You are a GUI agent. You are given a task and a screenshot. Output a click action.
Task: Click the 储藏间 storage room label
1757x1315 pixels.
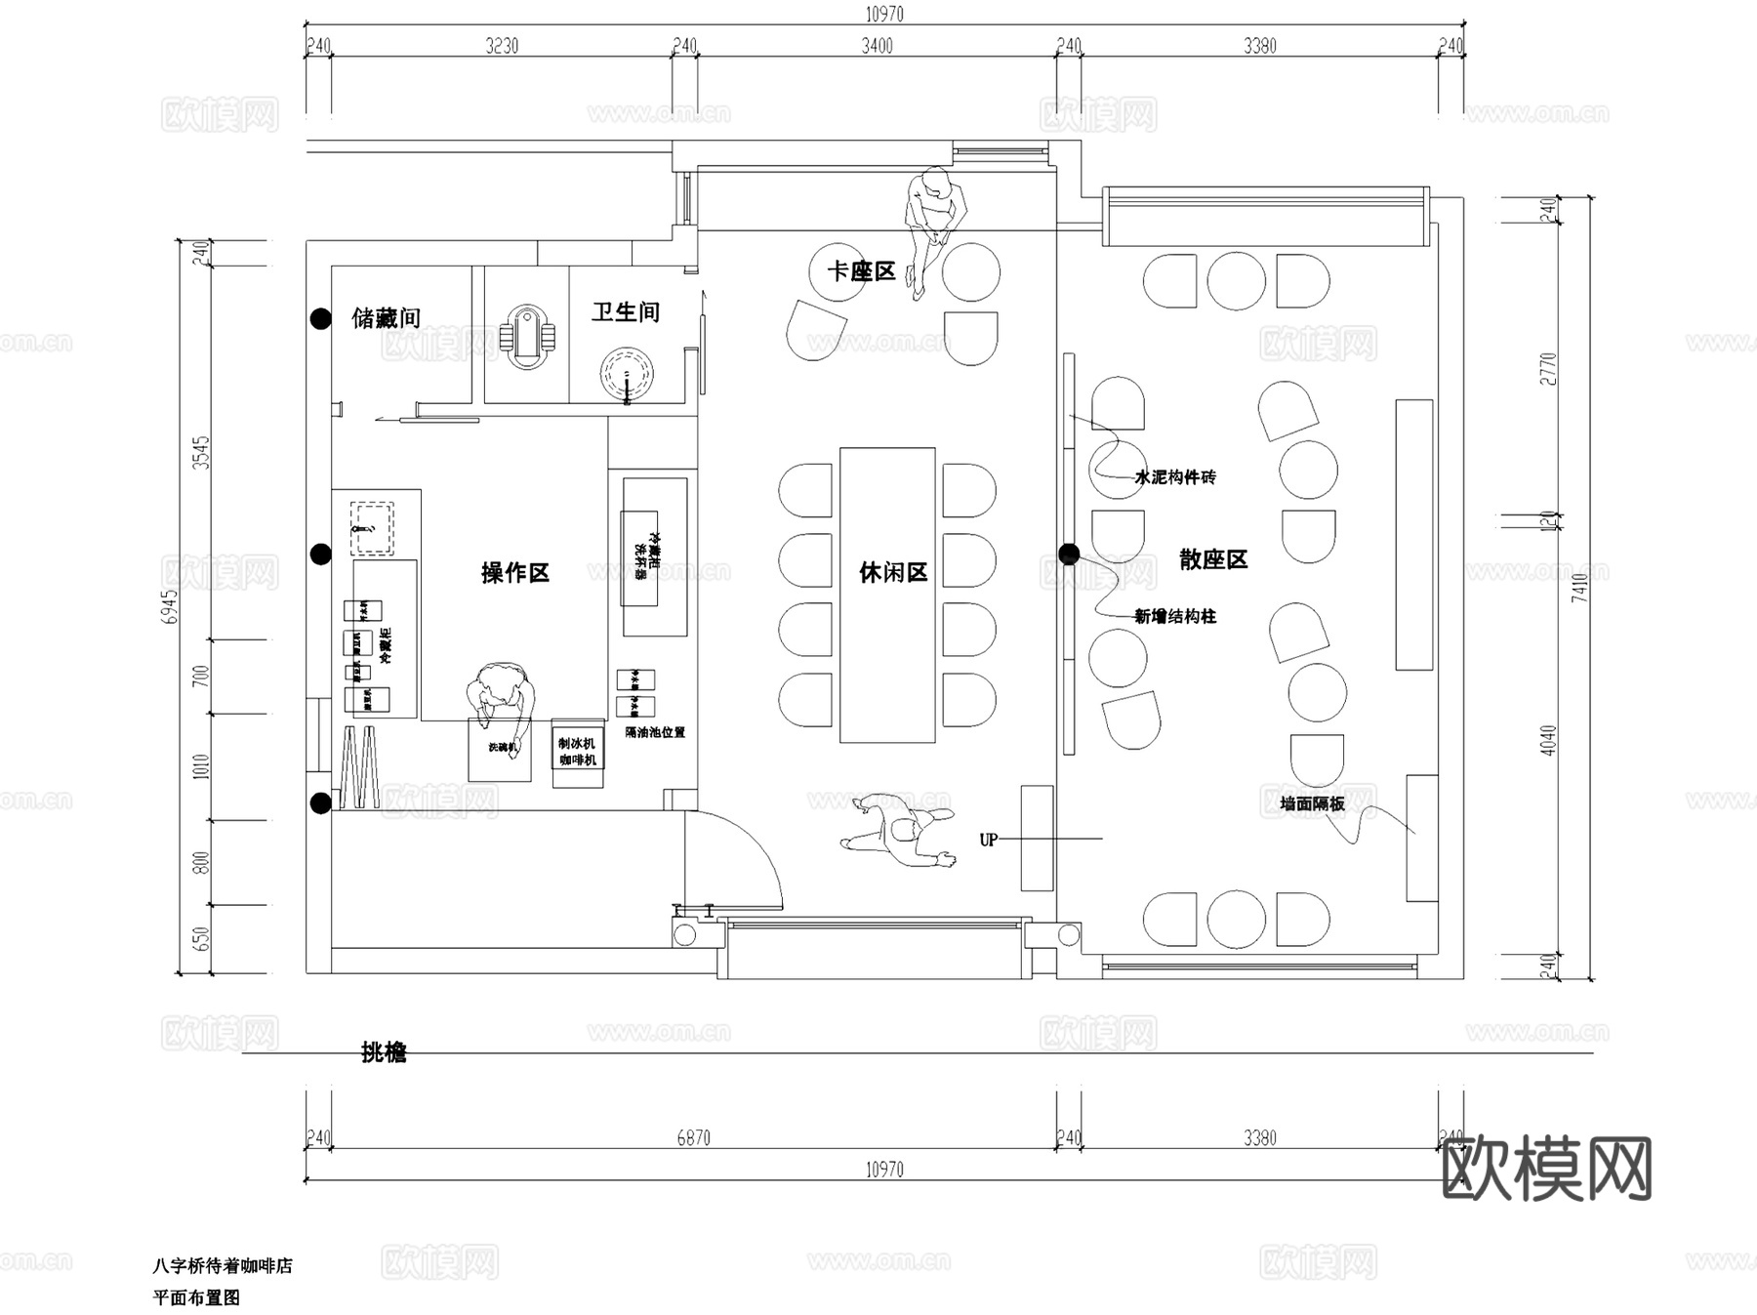386,317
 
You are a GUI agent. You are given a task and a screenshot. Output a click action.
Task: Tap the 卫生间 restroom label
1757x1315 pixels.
626,312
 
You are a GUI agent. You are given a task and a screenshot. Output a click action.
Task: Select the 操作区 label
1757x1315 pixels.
514,573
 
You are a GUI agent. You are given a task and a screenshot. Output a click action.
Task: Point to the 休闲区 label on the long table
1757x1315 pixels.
892,573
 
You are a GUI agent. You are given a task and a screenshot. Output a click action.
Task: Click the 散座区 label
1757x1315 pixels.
1213,559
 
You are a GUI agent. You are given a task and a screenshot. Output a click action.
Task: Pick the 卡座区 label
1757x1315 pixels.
861,271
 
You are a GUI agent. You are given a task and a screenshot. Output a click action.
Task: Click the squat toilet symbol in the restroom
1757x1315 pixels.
527,338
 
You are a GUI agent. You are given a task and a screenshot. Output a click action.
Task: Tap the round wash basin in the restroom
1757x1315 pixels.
626,375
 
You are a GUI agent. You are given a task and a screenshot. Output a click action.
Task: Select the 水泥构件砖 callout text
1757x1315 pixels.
1174,477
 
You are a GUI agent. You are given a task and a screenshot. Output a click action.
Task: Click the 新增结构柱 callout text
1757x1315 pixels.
1174,616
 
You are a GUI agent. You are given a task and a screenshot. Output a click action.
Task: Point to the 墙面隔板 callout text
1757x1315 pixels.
1312,803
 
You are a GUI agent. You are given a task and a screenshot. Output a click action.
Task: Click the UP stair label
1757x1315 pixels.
988,840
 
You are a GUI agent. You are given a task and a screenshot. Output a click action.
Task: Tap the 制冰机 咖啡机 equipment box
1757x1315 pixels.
578,753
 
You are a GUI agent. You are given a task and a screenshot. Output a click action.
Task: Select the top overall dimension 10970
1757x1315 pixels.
884,14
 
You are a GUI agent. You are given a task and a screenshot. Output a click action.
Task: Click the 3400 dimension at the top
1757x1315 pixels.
877,45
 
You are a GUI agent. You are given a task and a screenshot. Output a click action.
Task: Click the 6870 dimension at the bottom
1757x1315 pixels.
693,1137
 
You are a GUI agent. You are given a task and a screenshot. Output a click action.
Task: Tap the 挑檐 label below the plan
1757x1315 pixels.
384,1052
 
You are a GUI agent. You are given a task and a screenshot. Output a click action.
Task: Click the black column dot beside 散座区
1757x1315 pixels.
1069,555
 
